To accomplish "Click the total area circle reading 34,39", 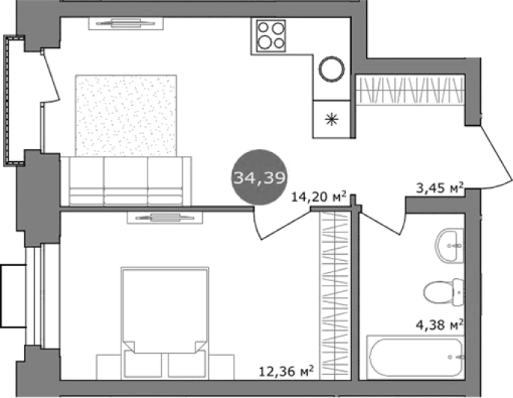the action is coord(259,178).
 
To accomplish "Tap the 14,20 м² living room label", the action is coord(319,197).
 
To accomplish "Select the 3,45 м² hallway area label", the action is coord(440,187).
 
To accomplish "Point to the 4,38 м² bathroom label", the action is coord(440,325).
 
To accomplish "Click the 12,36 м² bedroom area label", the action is coord(286,371).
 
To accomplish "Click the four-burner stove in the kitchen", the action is coord(271,36).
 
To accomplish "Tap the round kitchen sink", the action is coord(332,69).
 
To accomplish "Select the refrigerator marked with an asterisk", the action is coord(332,119).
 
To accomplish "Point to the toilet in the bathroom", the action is coord(443,292).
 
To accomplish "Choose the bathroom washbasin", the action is coord(449,245).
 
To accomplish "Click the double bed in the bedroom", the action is coord(165,322).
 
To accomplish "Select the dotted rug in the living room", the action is coord(127,115).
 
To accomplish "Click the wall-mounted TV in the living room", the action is coord(127,23).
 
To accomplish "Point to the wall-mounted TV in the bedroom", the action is coord(165,217).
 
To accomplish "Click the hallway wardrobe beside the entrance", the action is coord(410,90).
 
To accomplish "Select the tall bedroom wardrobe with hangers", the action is coord(335,295).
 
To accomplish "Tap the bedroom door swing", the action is coord(282,223).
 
